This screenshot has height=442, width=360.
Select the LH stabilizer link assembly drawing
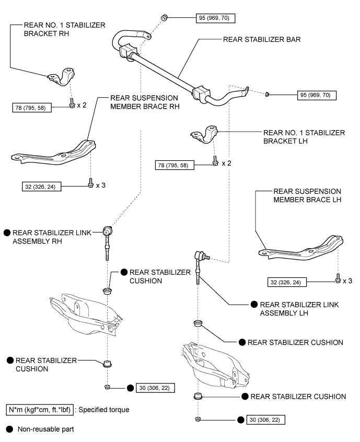[x=199, y=264]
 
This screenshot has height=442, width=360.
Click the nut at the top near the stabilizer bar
[x=164, y=18]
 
